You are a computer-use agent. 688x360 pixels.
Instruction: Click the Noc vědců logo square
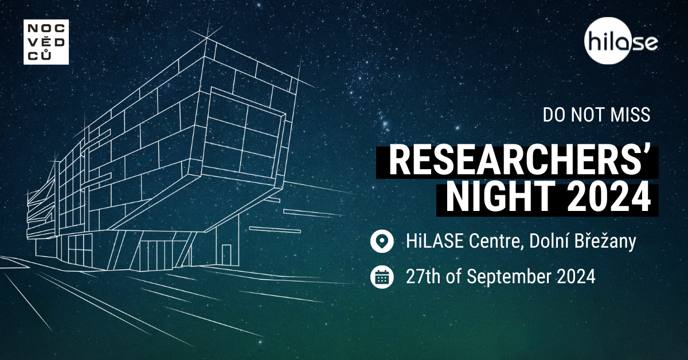click(46, 42)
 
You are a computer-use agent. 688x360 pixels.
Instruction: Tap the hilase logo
click(620, 41)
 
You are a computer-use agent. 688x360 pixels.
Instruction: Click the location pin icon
click(382, 241)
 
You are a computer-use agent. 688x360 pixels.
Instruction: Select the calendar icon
click(382, 277)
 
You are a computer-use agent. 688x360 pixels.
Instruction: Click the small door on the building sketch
click(226, 255)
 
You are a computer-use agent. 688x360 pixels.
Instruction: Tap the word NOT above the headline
click(588, 115)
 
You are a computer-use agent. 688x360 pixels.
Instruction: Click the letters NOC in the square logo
click(46, 29)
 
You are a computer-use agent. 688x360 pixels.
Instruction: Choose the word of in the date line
click(454, 276)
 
